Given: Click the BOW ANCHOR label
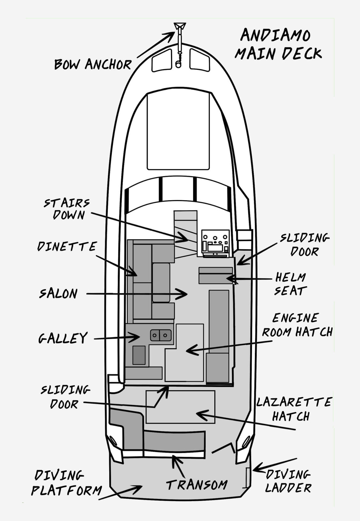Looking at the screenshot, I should coord(93,64).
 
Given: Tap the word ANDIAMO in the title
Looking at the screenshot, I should coord(275,35).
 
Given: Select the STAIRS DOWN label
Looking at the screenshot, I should coord(67,209).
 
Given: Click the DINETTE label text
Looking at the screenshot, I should coord(67,247).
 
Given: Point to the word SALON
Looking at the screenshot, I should coord(58,293).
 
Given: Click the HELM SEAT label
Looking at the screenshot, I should coord(290,284).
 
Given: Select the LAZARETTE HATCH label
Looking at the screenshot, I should coord(294,409).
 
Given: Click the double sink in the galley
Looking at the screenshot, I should coord(161,335).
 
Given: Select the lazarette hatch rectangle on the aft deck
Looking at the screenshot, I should coord(180,407).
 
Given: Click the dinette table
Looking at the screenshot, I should coord(161,282).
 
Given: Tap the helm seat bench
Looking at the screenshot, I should coord(216,275).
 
